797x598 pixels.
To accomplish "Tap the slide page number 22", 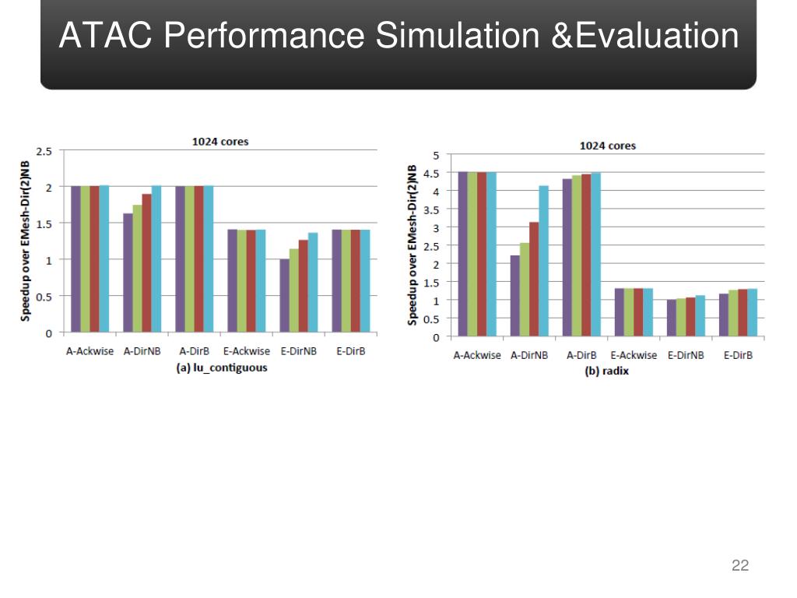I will (740, 565).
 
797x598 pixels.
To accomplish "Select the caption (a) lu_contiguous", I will (221, 367).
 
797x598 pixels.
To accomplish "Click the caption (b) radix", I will (606, 371).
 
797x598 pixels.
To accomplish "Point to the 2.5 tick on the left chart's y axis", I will (45, 151).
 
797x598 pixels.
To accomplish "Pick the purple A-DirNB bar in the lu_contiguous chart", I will (128, 273).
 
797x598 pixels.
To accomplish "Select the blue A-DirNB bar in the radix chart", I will (544, 261).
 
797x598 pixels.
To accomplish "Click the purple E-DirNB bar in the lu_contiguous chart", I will (284, 295).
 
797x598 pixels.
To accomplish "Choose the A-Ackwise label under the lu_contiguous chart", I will (90, 351).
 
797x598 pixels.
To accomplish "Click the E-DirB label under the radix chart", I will (737, 356).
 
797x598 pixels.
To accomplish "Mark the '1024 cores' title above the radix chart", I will (607, 146).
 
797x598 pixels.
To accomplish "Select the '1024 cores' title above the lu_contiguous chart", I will (220, 142).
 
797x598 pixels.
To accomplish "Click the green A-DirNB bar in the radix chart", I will (525, 290).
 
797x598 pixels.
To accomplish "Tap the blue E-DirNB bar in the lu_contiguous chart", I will (313, 282).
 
